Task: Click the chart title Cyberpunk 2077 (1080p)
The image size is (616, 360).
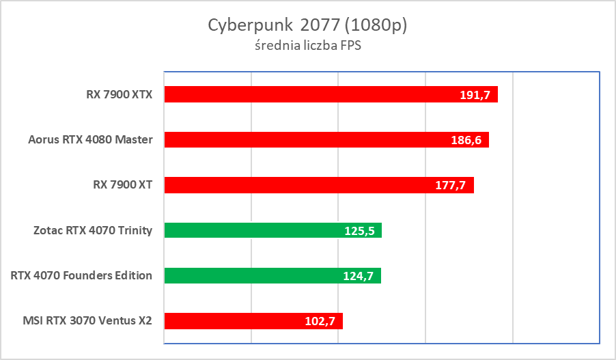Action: (x=307, y=25)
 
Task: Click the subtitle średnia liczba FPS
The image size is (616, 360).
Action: (x=307, y=46)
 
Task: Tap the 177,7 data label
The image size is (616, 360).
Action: (x=451, y=186)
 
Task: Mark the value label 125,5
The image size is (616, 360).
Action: (x=359, y=231)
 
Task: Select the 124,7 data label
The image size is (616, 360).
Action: (x=359, y=277)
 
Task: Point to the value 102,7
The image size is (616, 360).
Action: (x=320, y=322)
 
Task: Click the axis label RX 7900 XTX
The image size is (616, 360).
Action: (x=114, y=94)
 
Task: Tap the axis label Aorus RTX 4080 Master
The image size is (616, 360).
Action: (x=90, y=139)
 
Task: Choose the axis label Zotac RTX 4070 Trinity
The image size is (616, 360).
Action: (x=92, y=230)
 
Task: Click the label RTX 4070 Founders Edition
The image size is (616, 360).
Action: (x=81, y=276)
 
